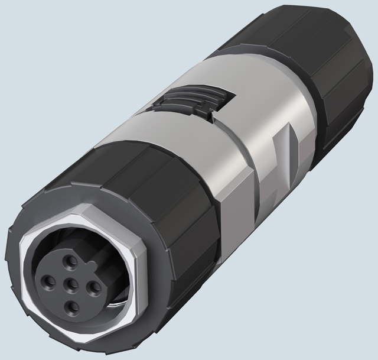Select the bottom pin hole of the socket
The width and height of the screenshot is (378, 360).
click(x=71, y=306)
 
